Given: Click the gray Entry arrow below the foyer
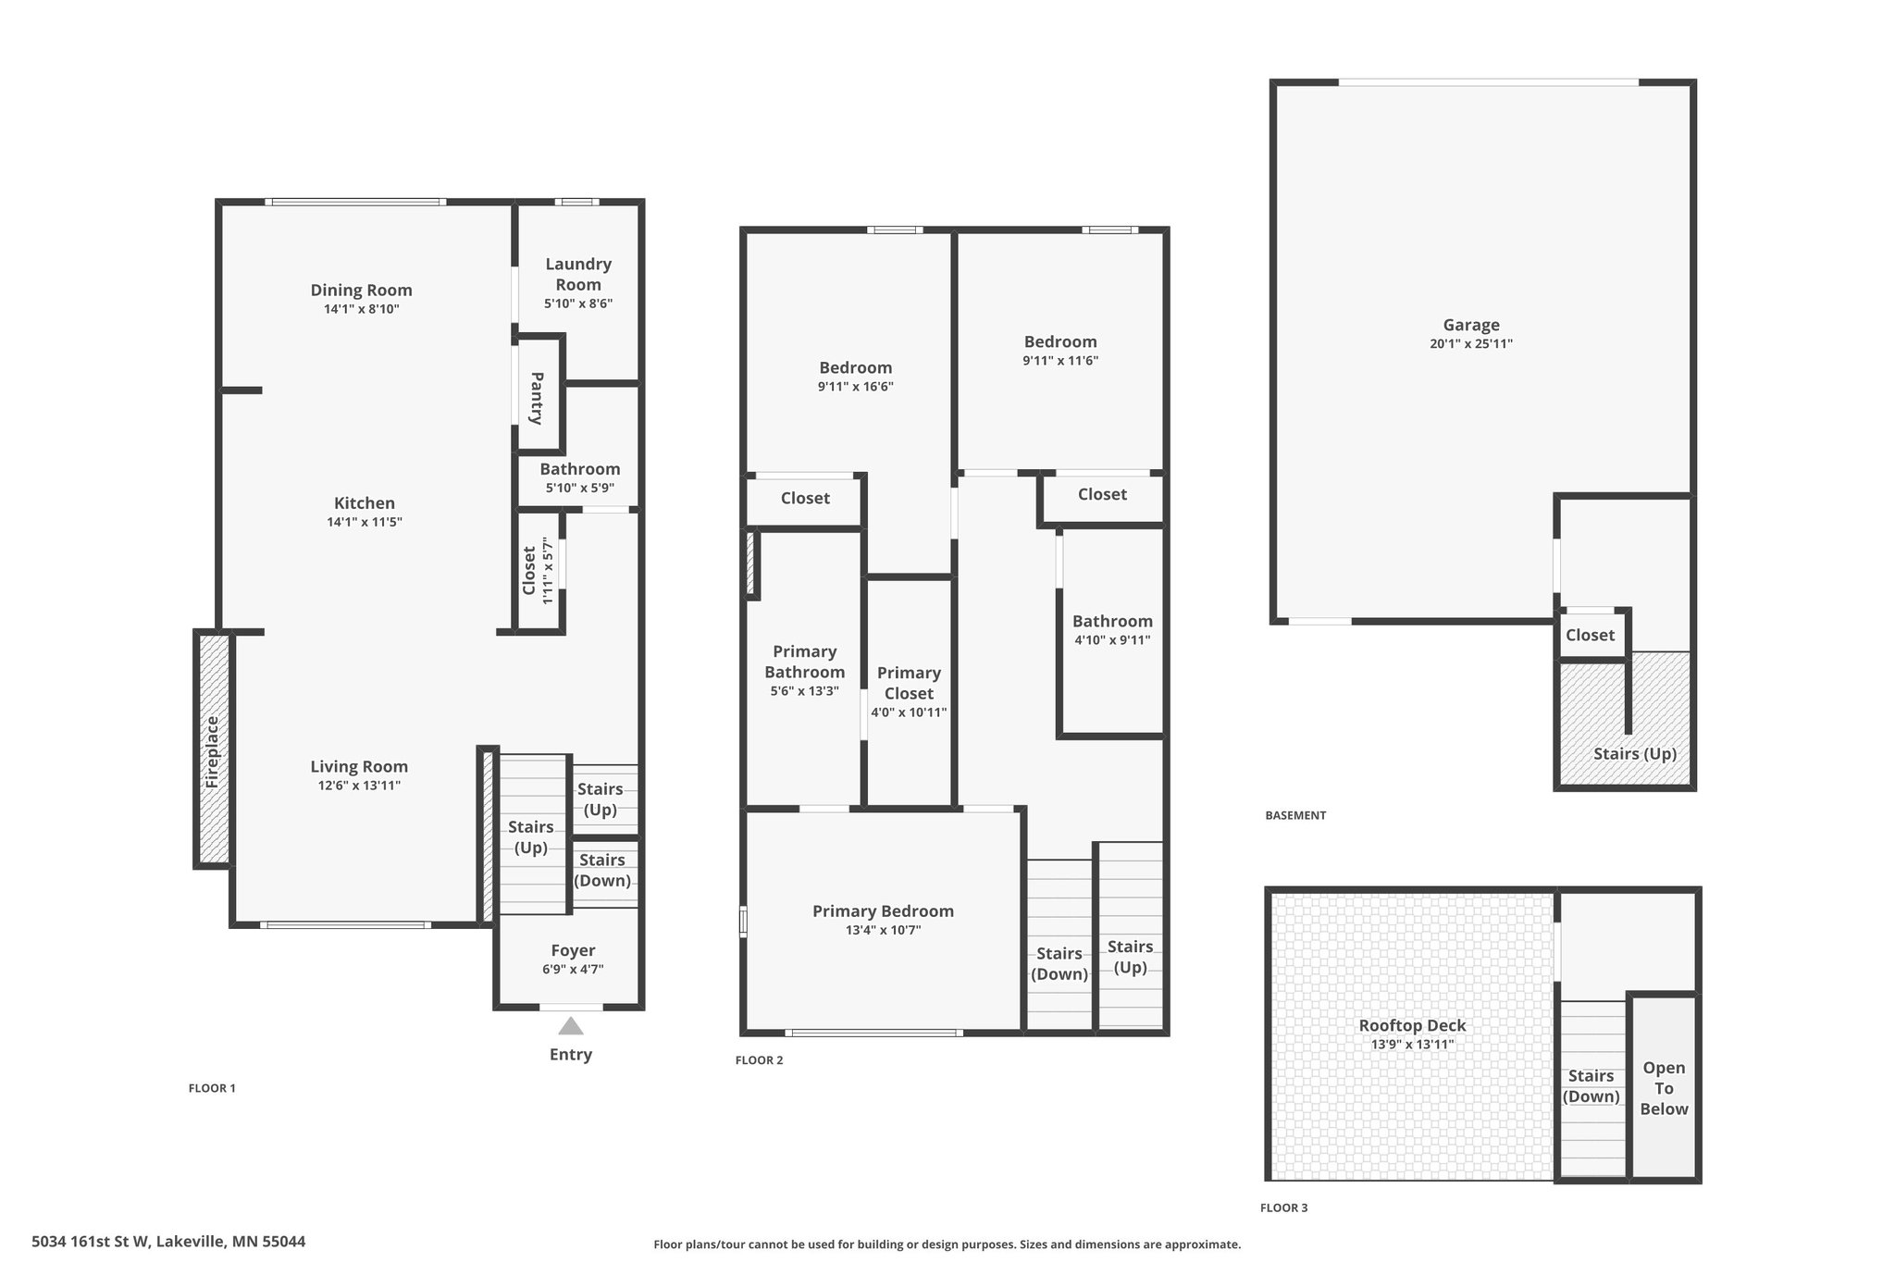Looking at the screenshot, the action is pos(571,1026).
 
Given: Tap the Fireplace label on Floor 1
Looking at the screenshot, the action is pos(212,752).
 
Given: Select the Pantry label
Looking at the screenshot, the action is pos(537,398).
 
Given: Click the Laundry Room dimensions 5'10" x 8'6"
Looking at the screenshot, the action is pos(578,303).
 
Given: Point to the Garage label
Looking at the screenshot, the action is pos(1471,325).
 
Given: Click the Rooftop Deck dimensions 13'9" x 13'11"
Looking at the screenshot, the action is pos(1412,1045).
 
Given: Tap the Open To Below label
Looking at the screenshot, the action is pos(1664,1088).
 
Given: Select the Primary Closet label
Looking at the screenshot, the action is pos(909,683).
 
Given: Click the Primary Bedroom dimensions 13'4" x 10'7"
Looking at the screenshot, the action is pos(883,931).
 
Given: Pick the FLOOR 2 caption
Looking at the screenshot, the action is pos(759,1060).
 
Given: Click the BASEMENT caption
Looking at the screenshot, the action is pos(1295,815).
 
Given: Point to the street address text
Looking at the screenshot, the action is pos(168,1242).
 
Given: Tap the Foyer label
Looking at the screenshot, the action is pos(573,950).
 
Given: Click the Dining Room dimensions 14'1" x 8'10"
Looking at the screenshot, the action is pos(361,309).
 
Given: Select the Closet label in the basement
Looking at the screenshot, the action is pos(1590,635).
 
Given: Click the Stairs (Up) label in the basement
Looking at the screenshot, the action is pos(1635,753).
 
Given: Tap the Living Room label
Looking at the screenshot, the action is pos(359,766).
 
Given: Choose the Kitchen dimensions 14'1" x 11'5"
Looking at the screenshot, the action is pos(365,522).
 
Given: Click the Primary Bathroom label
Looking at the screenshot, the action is pos(804,662).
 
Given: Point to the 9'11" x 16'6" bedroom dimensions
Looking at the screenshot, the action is pos(856,387).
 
